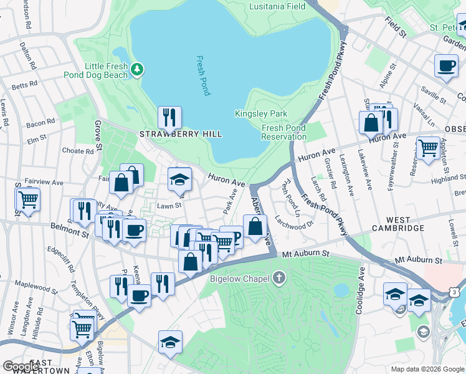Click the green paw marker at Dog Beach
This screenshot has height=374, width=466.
(x=138, y=69)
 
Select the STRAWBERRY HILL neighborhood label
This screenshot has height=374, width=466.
(x=180, y=134)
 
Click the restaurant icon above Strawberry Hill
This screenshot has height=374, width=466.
(x=169, y=116)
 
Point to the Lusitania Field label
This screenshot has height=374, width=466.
(x=278, y=6)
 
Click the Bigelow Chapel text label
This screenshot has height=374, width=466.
(x=241, y=278)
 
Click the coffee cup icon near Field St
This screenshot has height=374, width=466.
(x=446, y=66)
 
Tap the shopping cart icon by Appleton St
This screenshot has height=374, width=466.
(x=429, y=148)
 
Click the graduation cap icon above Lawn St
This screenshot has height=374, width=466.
(x=179, y=180)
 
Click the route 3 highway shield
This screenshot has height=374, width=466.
(x=455, y=292)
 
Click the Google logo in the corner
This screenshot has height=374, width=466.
(x=21, y=367)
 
